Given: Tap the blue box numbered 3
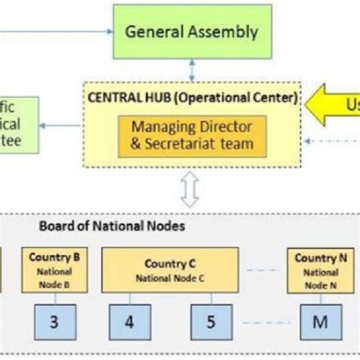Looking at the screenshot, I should coord(53,321).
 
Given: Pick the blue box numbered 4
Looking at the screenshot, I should coord(129,321).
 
